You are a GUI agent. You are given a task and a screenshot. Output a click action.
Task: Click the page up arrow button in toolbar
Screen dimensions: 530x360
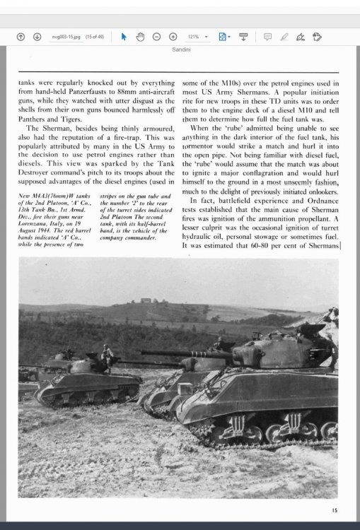coord(21,37)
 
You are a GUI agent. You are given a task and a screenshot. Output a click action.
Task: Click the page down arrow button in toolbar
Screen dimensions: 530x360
coord(37,37)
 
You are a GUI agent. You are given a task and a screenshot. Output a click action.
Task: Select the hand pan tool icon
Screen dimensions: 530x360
coord(140,37)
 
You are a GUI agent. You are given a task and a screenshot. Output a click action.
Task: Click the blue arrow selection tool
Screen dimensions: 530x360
coord(124,37)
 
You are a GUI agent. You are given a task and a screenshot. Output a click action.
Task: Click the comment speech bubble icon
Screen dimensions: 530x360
coord(267,37)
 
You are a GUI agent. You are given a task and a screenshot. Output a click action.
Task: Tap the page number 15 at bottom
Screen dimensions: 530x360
coord(334,510)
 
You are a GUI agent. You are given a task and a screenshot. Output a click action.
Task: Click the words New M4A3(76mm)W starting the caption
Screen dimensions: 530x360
coord(45,194)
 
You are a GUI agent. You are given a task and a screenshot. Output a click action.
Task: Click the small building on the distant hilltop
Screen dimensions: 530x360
coord(148,301)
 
